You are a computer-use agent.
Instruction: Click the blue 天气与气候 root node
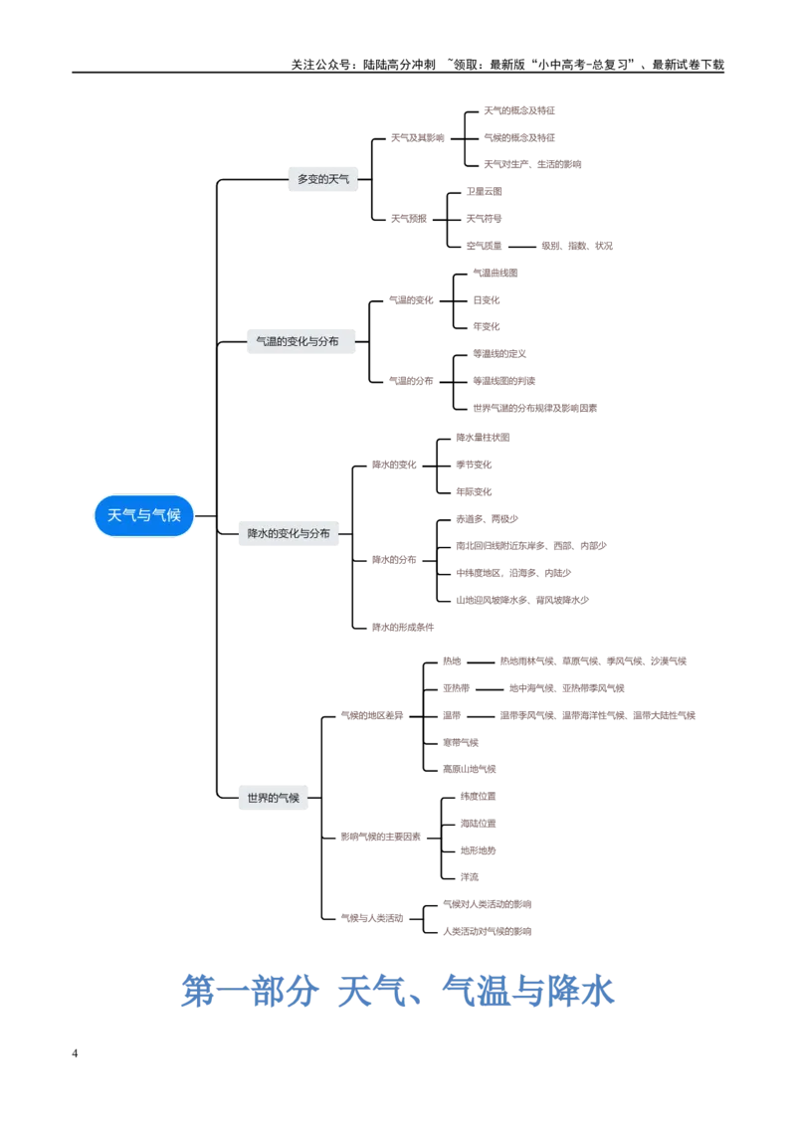[144, 515]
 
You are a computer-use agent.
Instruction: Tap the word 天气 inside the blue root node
[121, 515]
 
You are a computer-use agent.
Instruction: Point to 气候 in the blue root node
[167, 515]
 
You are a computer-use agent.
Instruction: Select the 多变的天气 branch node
[322, 179]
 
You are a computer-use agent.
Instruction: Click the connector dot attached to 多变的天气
[363, 179]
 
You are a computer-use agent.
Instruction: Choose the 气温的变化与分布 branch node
[298, 341]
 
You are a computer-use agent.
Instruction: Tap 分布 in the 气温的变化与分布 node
[327, 341]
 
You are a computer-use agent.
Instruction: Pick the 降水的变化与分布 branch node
[289, 534]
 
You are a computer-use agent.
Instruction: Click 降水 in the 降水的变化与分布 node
[259, 534]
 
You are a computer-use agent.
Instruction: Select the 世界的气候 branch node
[273, 798]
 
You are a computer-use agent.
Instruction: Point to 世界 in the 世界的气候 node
[258, 798]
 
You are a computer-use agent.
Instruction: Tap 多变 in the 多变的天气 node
[308, 179]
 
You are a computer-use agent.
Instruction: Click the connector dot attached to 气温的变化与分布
[355, 342]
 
